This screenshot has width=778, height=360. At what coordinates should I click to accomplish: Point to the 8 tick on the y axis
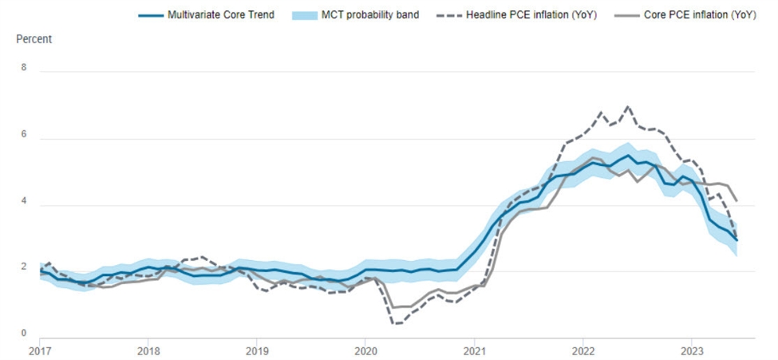pos(24,68)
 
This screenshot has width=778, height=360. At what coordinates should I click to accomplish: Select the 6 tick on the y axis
pos(24,135)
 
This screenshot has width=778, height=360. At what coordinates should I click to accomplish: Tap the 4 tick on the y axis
pos(24,202)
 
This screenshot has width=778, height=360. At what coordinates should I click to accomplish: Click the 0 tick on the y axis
pos(24,334)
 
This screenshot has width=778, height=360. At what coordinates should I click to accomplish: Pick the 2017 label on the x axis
pos(39,350)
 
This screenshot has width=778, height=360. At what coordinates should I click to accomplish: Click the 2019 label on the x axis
pos(256,350)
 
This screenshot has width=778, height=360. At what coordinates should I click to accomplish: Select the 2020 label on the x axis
pos(365,350)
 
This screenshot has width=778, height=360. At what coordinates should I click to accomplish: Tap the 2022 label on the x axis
pos(583,350)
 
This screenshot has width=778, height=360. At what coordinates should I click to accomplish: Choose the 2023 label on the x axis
pos(692,350)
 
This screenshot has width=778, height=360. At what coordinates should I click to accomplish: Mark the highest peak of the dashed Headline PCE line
pos(628,106)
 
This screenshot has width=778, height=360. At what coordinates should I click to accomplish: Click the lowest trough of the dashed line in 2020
pos(395,323)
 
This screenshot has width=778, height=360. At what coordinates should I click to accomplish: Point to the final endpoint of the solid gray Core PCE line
pos(737,201)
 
